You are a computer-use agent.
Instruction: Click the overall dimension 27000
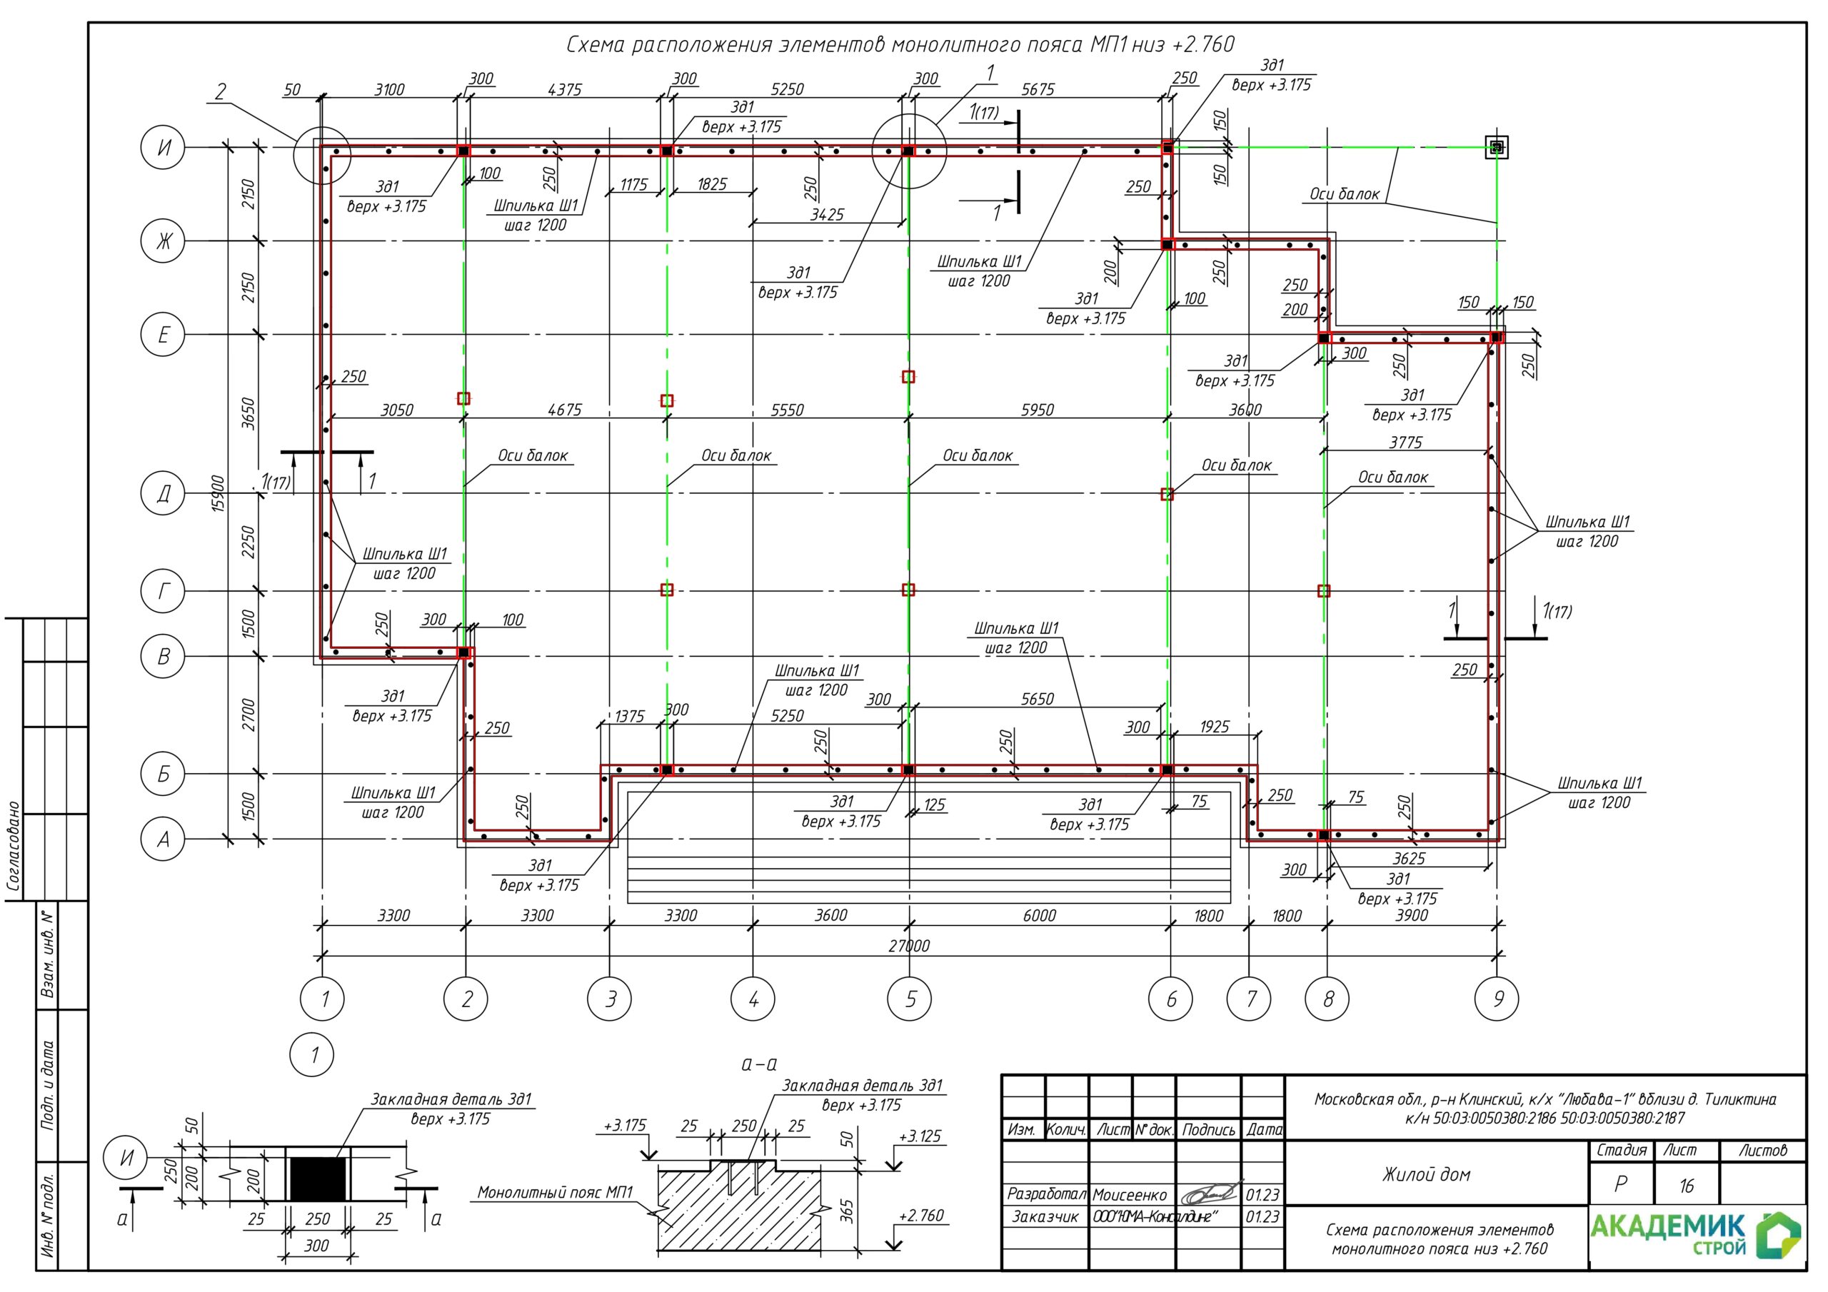(x=909, y=946)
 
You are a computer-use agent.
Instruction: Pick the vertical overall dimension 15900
(x=219, y=493)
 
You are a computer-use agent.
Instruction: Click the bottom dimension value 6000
(x=1039, y=916)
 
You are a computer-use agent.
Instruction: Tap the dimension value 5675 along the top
(x=1038, y=90)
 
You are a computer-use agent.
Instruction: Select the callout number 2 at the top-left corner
(x=221, y=91)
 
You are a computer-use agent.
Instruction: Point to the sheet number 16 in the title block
(x=1687, y=1186)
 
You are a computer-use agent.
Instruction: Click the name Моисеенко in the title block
(x=1130, y=1195)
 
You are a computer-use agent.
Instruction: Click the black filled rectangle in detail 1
(x=318, y=1179)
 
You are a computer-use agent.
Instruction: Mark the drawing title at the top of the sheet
(x=900, y=44)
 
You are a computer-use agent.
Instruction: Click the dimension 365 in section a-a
(x=846, y=1211)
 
